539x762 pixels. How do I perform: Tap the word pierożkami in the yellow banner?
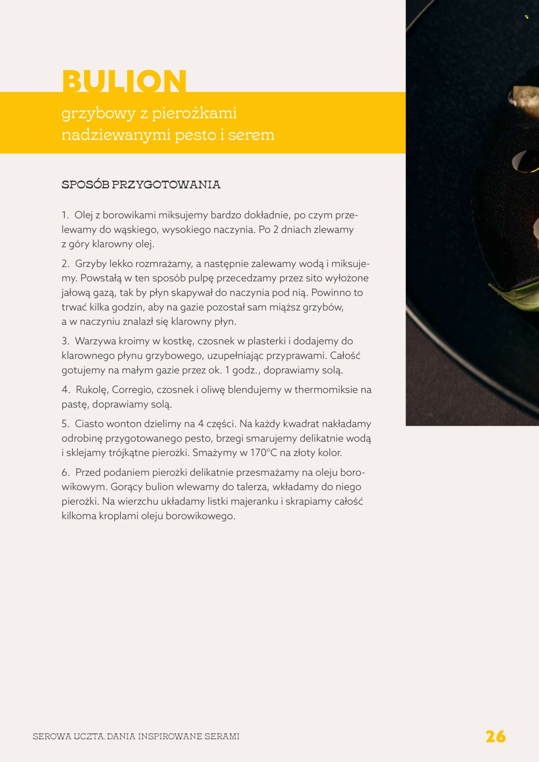[194, 113]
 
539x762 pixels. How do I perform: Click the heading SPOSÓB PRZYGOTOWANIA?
[141, 184]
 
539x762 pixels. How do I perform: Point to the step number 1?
[65, 215]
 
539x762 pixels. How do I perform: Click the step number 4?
[66, 390]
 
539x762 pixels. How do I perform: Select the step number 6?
[66, 472]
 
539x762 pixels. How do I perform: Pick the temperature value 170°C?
[263, 453]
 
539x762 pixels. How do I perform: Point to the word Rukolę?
[91, 390]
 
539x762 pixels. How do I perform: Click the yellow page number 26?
[495, 736]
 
